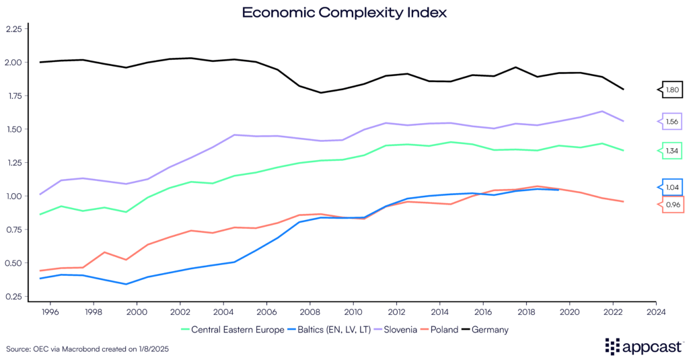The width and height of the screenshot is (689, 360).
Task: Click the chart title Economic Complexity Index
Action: coord(344,12)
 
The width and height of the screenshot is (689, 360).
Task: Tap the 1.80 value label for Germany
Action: coord(672,89)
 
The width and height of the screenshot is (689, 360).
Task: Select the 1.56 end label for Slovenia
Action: coord(672,121)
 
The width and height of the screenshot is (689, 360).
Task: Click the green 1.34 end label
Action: coord(672,151)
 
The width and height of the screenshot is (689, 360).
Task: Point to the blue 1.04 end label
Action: coord(672,187)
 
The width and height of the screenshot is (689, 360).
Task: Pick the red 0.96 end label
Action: coord(672,205)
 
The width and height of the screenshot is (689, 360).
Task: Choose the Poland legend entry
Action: coord(443,330)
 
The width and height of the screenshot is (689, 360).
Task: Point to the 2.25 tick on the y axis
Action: coord(13,29)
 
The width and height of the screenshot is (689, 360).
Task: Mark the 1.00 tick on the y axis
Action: coord(13,196)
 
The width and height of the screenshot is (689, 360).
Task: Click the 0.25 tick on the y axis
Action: coord(13,297)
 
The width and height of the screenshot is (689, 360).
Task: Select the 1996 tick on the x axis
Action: coord(51,312)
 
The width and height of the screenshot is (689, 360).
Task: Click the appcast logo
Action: coord(642,346)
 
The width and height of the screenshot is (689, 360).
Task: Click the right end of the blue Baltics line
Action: coord(558,190)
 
